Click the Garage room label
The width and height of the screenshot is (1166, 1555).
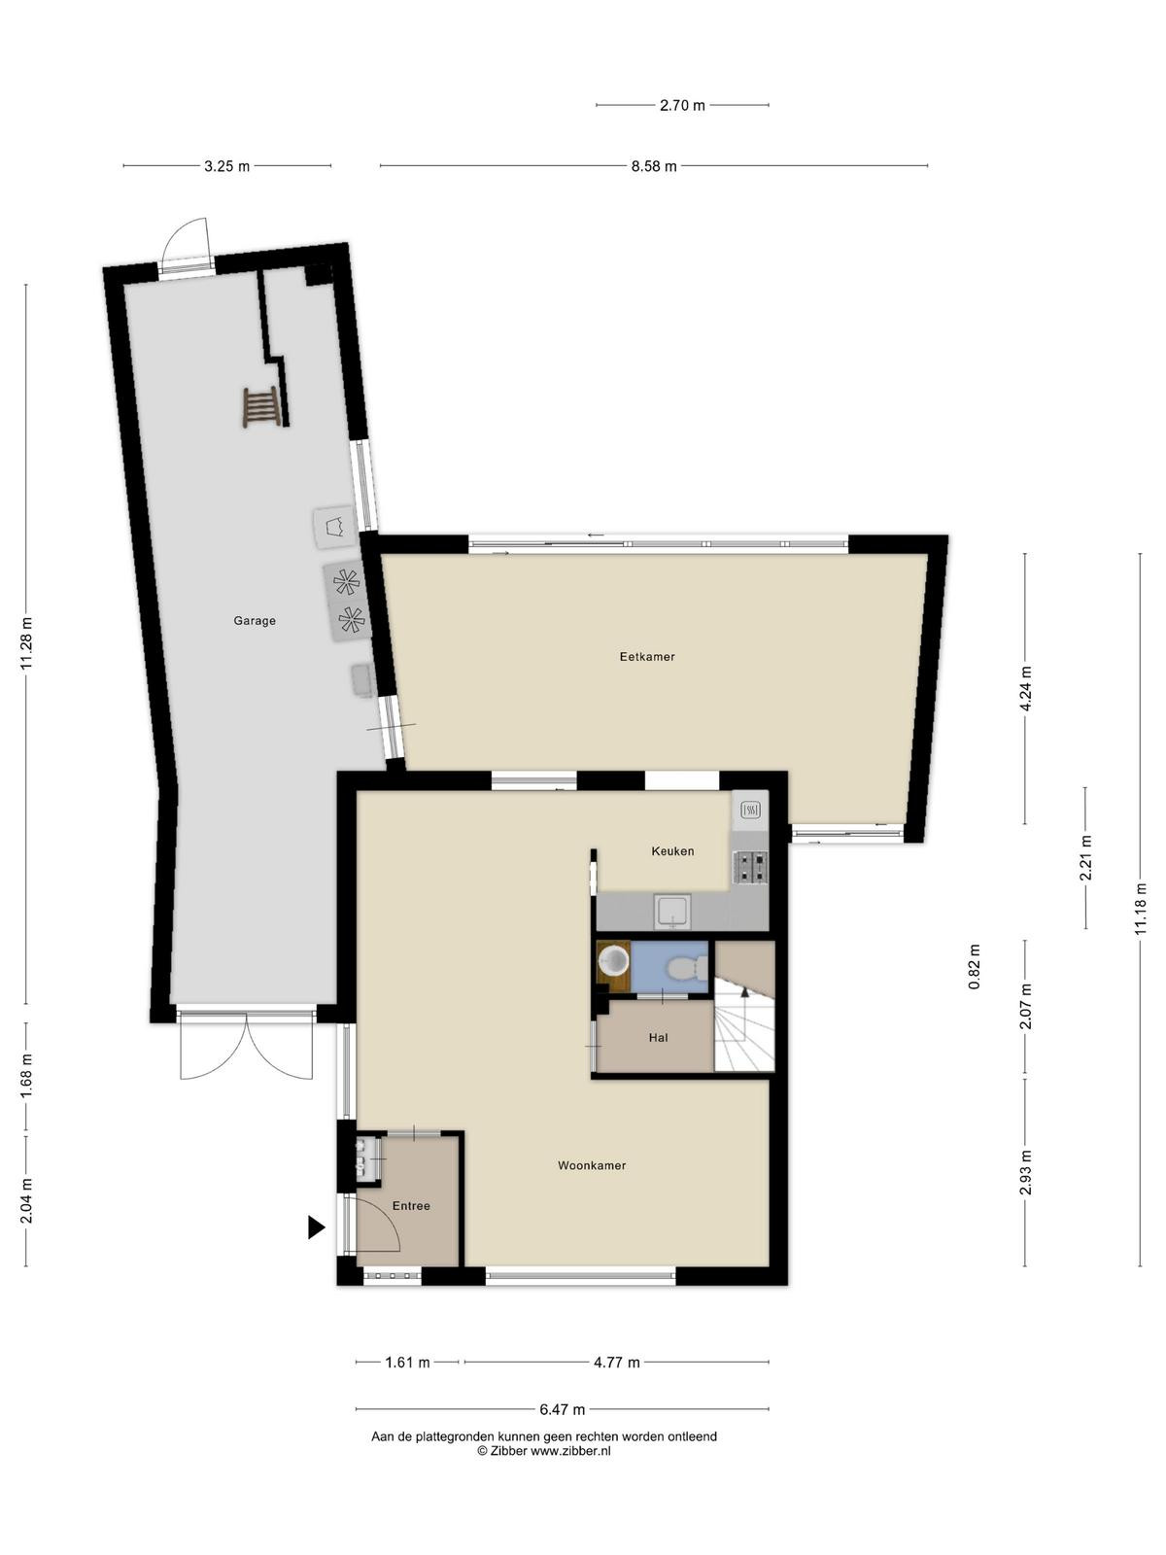[255, 621]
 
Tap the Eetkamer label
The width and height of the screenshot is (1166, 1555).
[647, 657]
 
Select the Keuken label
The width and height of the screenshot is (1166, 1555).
[672, 850]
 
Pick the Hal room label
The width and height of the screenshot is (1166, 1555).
[659, 1038]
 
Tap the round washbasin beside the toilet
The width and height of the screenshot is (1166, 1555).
[613, 961]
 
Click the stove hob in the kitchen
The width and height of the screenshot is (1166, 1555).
[750, 867]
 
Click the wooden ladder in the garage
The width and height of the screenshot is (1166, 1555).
[261, 407]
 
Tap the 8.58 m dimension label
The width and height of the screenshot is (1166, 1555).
[653, 166]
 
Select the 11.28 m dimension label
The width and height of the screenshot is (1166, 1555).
[26, 643]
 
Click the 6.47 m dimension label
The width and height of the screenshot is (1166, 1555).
[563, 1410]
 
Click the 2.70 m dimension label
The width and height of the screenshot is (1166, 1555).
[682, 106]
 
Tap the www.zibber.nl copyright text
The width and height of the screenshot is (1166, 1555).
[544, 1452]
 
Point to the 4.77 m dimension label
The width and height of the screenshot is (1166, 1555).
[617, 1363]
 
